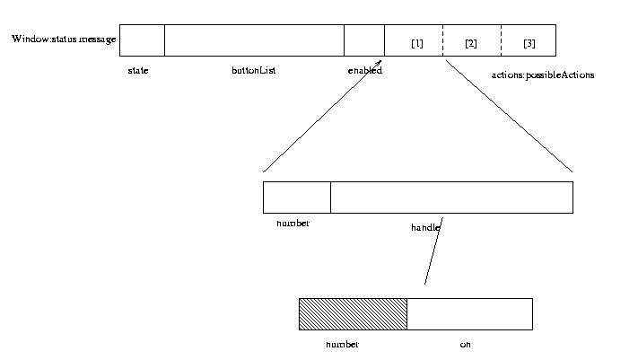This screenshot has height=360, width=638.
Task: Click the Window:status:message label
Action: pos(64,40)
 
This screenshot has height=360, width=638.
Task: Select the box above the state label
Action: pos(142,40)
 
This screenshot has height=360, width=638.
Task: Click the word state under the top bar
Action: pos(138,71)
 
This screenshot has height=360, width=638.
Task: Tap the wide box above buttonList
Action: pos(254,40)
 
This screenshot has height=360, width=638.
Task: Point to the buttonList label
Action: pos(253,71)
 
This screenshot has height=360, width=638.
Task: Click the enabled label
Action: pos(364,71)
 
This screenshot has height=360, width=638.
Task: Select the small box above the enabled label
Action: pos(363,40)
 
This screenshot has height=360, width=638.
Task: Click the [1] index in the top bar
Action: pos(416,44)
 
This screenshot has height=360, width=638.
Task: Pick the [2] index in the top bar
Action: pos(471,44)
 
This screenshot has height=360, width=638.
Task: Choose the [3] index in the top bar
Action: pos(529,44)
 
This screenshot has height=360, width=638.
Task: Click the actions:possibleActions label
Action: pos(542,75)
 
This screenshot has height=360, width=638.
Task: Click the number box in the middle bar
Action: pos(296,198)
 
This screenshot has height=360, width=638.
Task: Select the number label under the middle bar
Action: pos(293,223)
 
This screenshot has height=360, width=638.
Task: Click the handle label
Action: pos(425,228)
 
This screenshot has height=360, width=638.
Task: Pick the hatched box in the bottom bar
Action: pos(353,314)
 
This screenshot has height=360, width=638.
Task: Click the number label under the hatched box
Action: pos(342,345)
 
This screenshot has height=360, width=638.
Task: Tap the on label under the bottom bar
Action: pos(465,345)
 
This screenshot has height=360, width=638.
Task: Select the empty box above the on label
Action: pos(469,314)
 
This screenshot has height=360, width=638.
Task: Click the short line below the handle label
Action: pos(433,256)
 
